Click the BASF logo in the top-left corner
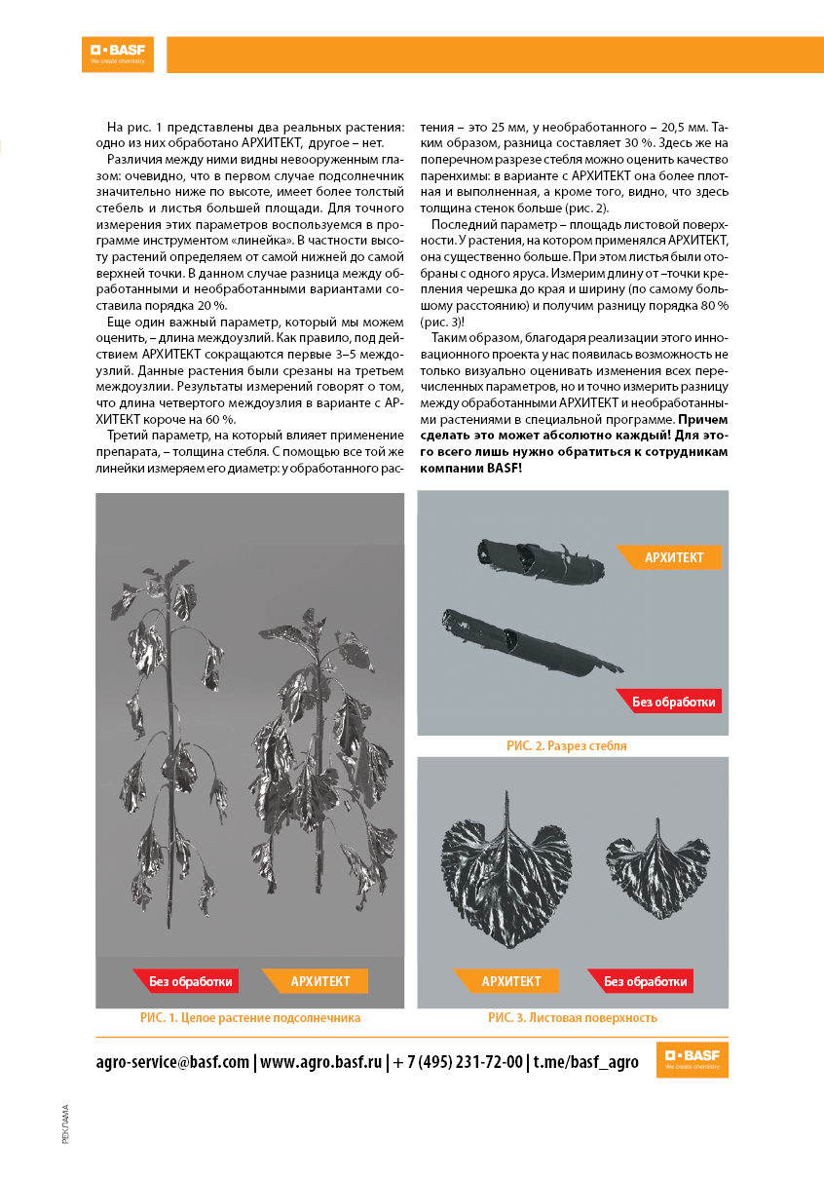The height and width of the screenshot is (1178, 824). click(x=118, y=54)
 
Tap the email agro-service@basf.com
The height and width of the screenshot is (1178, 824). click(x=173, y=1061)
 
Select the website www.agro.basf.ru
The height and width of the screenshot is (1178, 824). click(x=320, y=1061)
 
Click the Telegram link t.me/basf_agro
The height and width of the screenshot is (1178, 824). click(x=585, y=1061)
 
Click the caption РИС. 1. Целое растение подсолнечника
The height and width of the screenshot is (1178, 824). click(x=250, y=1017)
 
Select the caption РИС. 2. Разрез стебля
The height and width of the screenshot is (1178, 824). click(x=566, y=745)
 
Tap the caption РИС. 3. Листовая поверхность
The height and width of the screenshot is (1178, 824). click(x=572, y=1017)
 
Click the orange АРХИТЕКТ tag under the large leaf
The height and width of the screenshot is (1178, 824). click(x=510, y=981)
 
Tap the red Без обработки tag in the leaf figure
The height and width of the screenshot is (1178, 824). click(x=640, y=981)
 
